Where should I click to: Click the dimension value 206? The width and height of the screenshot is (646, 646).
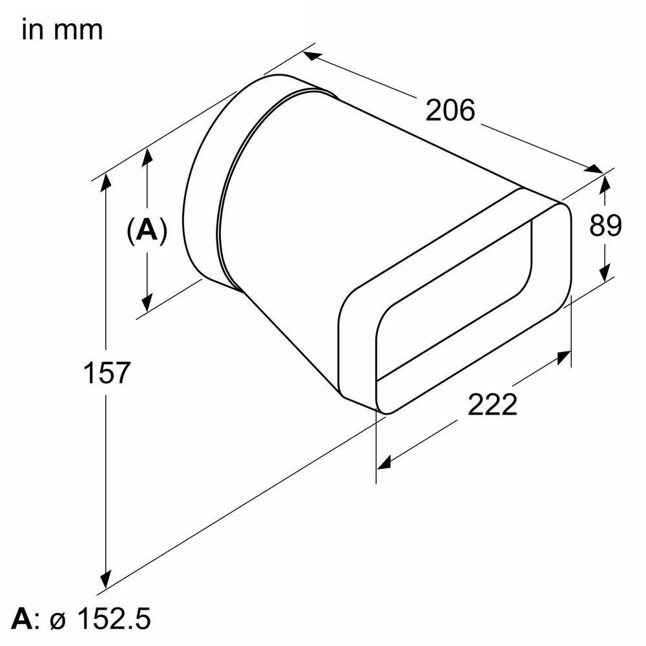[x=450, y=110]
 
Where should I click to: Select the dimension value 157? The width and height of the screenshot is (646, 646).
[x=107, y=373]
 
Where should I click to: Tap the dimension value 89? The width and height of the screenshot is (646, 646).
[x=605, y=225]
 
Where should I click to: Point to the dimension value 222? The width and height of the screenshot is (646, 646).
[x=492, y=405]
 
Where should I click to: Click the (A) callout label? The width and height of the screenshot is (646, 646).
[x=147, y=230]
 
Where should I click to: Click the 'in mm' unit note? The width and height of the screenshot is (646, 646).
[x=62, y=30]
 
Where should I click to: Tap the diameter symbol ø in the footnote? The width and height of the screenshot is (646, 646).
[x=57, y=621]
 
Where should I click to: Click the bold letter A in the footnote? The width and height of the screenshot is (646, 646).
[x=21, y=620]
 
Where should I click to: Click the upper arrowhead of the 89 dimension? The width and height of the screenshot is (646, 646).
[x=605, y=184]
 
